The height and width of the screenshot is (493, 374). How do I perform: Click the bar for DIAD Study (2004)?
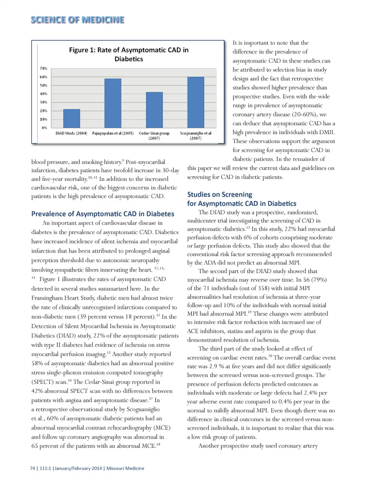(72, 118)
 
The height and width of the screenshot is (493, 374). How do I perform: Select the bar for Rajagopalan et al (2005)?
(113, 103)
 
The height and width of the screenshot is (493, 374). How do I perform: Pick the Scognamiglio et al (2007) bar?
(196, 102)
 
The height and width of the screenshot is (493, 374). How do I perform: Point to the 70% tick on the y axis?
(43, 68)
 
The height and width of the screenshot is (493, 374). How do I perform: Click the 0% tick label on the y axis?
(44, 127)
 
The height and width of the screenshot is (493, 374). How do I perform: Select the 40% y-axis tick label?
(43, 94)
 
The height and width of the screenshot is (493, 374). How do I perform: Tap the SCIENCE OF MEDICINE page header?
(77, 20)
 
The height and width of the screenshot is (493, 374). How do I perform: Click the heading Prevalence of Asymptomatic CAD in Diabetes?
(102, 214)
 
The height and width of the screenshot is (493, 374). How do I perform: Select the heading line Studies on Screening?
(220, 194)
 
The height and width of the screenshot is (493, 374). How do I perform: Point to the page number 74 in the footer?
(33, 468)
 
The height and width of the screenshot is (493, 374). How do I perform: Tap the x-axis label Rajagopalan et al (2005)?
(113, 133)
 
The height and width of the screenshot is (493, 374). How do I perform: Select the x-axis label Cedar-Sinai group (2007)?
(154, 136)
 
